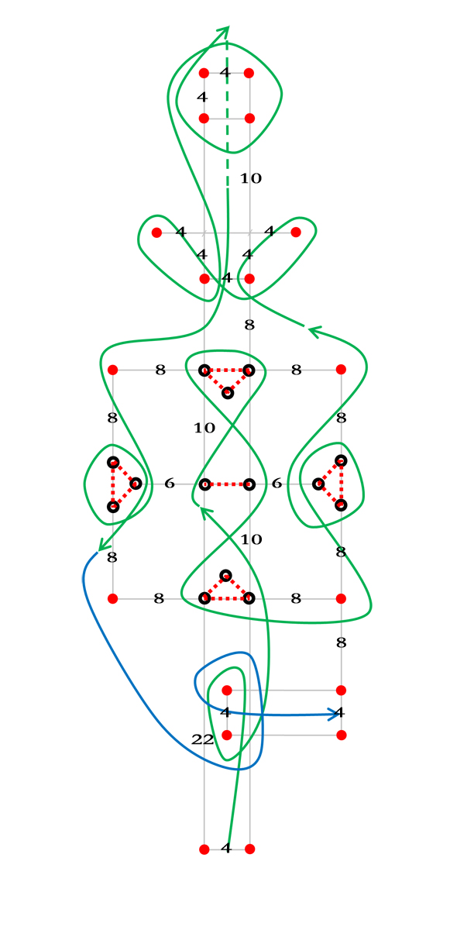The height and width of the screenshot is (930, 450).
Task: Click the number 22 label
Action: coord(202,739)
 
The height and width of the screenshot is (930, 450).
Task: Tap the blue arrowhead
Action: coord(335,714)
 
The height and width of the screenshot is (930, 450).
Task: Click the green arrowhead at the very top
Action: coord(223,32)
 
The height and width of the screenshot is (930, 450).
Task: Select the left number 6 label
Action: coord(169,483)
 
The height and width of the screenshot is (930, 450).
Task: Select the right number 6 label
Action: coord(277,483)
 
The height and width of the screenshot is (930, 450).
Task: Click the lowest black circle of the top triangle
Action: coord(227,393)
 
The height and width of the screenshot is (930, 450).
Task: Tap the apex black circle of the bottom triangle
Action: coord(225,575)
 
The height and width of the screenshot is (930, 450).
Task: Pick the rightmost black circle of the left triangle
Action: coord(136,484)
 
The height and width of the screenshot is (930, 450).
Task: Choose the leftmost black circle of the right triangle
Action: coord(318,484)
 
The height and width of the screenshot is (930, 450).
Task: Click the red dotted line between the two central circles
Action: coord(227,484)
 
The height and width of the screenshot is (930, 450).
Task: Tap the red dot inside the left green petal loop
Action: coord(156,232)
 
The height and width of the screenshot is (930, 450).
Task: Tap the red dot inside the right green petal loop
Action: coord(296,232)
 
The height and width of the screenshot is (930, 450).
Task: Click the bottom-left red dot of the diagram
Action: coord(204,849)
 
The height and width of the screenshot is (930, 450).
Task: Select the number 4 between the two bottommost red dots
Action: coord(225,848)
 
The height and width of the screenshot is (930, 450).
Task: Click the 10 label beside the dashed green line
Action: coord(251,178)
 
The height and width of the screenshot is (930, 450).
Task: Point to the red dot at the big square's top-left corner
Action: coord(112,370)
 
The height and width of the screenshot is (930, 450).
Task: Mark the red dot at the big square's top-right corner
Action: coord(341,369)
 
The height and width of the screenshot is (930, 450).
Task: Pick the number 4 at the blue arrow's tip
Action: coord(340,712)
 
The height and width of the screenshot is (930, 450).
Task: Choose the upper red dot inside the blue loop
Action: coord(227,691)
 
